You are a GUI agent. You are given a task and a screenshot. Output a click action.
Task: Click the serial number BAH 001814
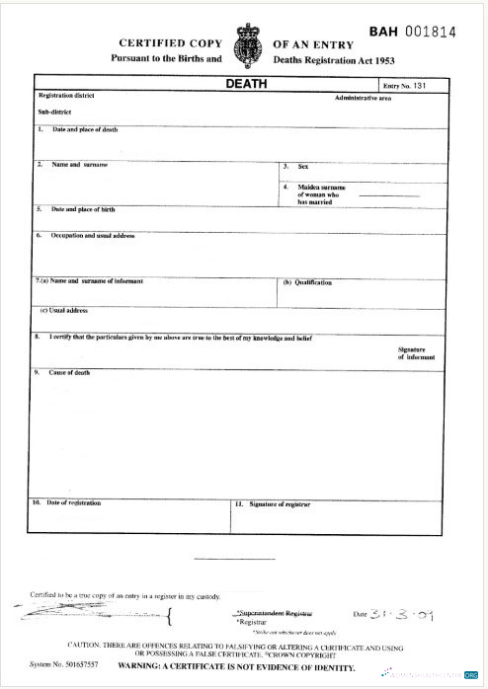(x=412, y=32)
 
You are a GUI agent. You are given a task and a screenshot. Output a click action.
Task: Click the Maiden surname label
(x=321, y=193)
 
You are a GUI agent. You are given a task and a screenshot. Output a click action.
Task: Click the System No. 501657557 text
(x=64, y=665)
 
